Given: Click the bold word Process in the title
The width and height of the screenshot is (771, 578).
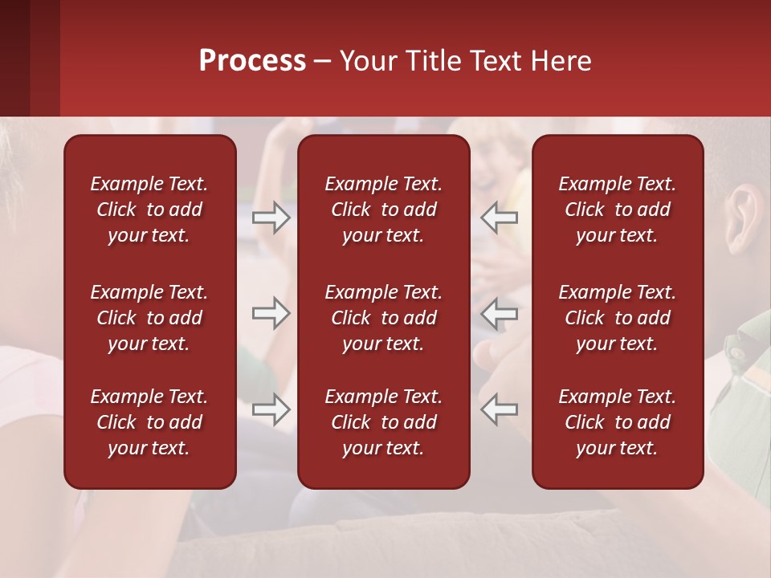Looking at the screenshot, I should coord(252,61).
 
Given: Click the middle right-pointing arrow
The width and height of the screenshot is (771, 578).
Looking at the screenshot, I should coord(271,314).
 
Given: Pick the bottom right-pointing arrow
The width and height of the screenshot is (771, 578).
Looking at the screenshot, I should coord(271,409).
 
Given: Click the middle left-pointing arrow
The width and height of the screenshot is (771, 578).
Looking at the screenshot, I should coord(500,314).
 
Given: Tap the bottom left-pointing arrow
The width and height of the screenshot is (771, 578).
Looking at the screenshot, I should coord(500,409).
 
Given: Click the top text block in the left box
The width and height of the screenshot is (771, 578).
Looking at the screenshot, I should coord(149,210).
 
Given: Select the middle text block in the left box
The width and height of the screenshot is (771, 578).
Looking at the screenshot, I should coord(149,318).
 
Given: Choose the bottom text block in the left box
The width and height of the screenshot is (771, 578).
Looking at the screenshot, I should coord(149,422).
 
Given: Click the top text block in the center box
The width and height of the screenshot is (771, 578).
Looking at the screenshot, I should coord(383,210).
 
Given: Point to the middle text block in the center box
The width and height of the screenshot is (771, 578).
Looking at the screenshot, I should coord(383,318).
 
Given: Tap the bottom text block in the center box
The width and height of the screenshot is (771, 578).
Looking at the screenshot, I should coord(383,422).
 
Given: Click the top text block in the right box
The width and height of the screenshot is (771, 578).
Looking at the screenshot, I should coord(617,210).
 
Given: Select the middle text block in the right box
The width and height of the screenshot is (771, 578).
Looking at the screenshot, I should coord(617,318).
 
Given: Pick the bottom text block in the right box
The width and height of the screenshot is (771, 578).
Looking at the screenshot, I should coord(617,422).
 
